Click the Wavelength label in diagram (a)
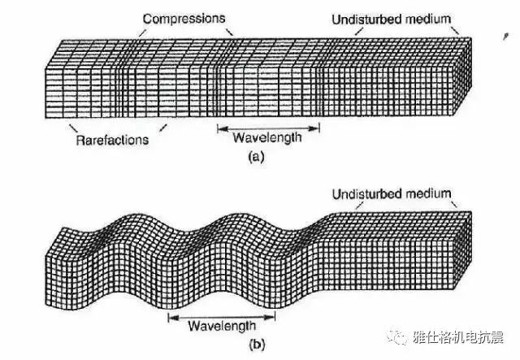(268, 137)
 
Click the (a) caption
(257, 158)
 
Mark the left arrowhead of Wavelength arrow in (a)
(219, 128)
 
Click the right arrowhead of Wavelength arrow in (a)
(318, 128)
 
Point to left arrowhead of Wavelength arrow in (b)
(169, 315)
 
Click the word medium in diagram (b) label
(431, 193)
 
